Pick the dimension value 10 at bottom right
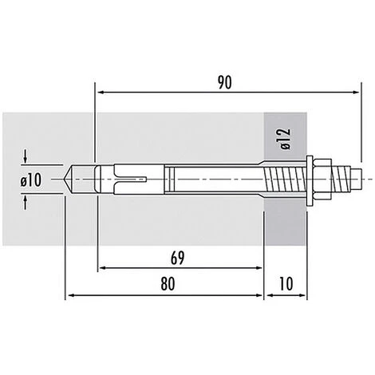tap(286, 283)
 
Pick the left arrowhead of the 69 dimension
tap(101, 268)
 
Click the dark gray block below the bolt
tap(286, 227)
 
